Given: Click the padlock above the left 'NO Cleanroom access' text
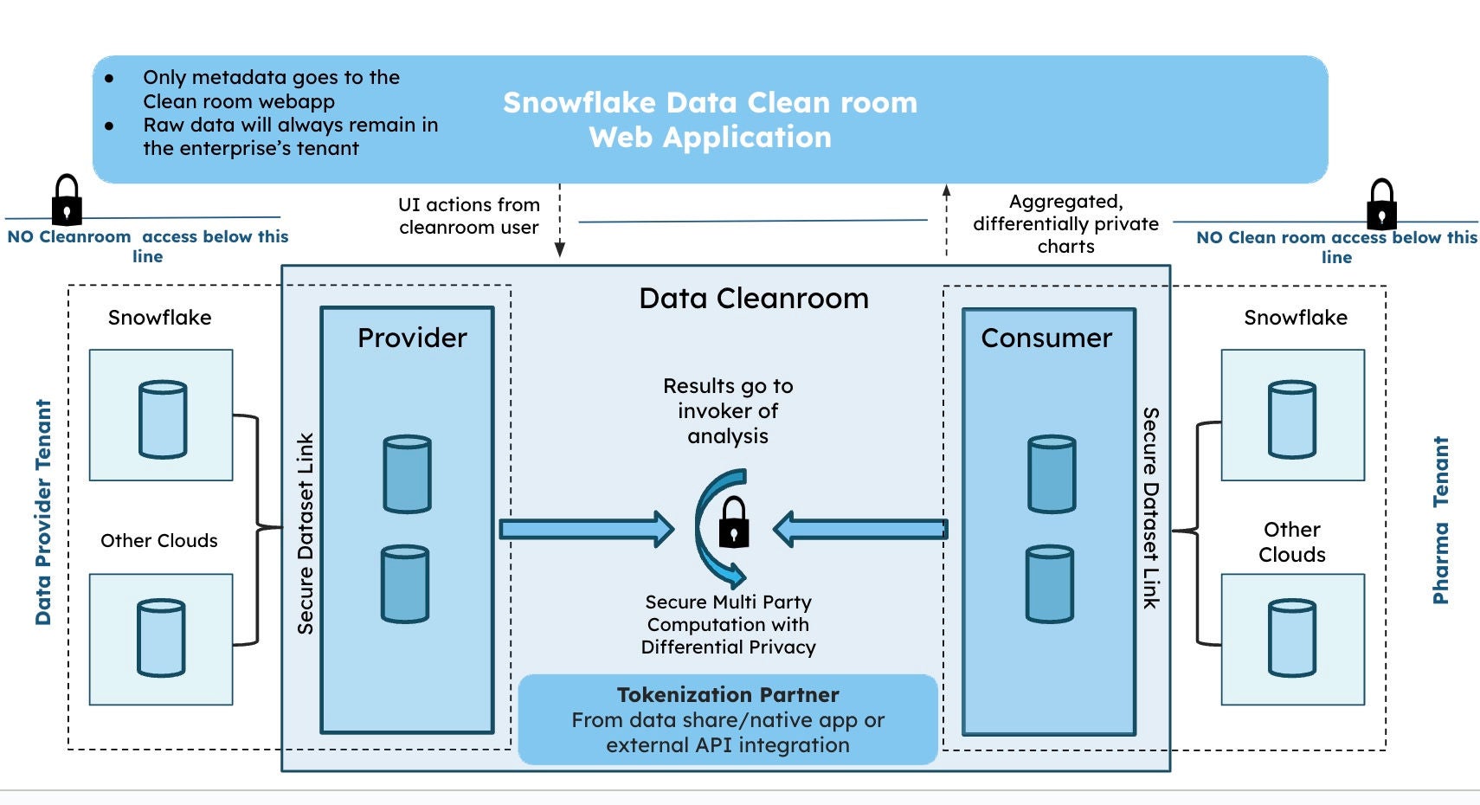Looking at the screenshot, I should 67,200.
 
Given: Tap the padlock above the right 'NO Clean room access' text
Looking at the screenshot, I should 1381,204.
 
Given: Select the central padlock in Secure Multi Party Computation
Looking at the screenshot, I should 734,522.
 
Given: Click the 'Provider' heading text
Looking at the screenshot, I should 412,338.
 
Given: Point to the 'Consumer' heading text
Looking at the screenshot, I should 1046,338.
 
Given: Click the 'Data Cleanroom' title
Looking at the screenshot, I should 753,299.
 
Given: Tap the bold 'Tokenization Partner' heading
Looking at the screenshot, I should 728,695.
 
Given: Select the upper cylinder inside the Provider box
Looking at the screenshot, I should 407,474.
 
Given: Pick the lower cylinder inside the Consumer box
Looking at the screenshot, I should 1050,584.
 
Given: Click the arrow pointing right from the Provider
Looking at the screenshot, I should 586,529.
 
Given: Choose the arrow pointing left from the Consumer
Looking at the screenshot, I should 860,529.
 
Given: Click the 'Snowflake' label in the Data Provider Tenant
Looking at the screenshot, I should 159,318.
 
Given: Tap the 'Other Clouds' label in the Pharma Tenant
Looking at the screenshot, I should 1291,542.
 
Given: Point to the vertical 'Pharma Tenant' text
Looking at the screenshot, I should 1440,520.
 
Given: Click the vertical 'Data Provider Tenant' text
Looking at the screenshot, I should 43,512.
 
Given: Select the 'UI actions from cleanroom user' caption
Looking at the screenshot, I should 468,216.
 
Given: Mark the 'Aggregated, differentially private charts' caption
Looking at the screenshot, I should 1065,224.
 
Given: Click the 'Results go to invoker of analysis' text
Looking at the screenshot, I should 728,411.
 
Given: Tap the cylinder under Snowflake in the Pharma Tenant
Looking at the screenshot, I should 1291,420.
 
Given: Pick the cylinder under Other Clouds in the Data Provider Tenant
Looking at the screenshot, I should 161,638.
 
